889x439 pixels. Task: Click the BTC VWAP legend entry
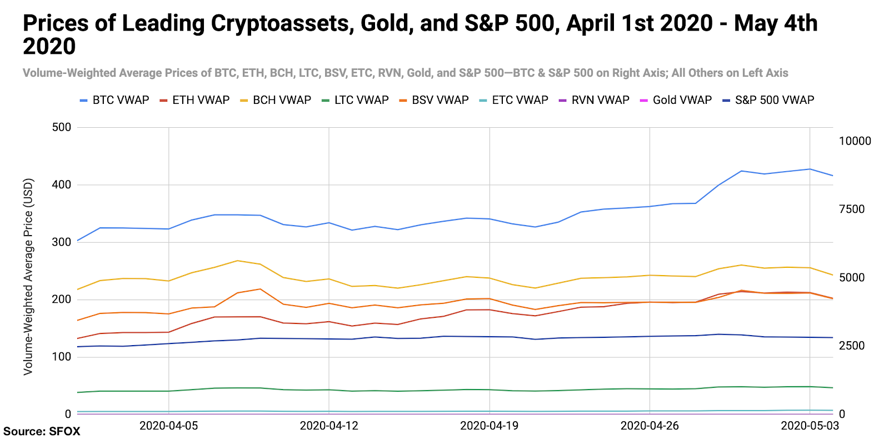[114, 100]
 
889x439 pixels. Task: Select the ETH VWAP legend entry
[194, 100]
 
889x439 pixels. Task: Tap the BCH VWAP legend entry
[276, 100]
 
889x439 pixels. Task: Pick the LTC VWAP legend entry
[355, 100]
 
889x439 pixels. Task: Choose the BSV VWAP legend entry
[434, 100]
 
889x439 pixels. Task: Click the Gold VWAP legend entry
[676, 100]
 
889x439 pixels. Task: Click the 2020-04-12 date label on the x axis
[329, 426]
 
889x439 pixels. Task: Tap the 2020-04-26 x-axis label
[650, 426]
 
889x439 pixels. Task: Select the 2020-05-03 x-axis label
[810, 426]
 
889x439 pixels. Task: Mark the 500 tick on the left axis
[62, 127]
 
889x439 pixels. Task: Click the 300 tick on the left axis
[62, 242]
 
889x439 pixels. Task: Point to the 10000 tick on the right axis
[855, 141]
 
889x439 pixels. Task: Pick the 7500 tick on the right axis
[852, 209]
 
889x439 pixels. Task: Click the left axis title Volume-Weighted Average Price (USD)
[28, 276]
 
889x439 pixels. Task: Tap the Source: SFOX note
[42, 431]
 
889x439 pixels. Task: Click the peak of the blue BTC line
[810, 169]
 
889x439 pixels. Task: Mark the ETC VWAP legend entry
[514, 100]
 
